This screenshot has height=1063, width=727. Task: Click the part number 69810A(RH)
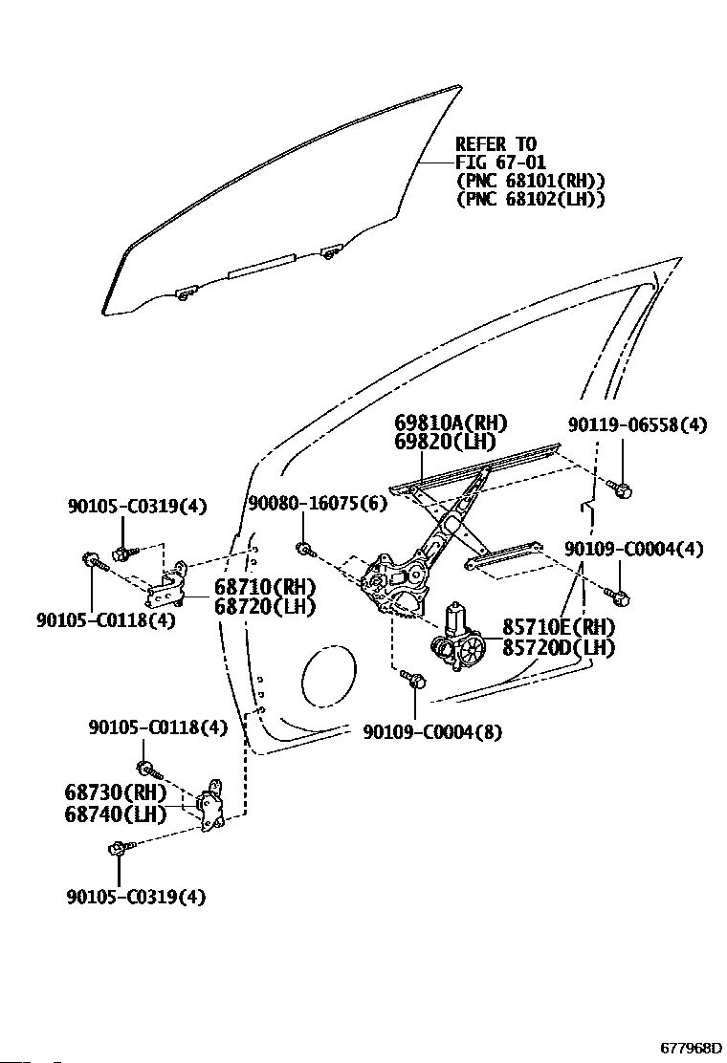click(451, 423)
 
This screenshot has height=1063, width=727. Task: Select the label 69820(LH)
click(445, 442)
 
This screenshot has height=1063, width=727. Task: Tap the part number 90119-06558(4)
click(637, 425)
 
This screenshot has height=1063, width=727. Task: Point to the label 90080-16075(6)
click(318, 504)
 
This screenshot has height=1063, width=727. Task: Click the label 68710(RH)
click(265, 587)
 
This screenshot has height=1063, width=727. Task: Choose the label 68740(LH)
click(116, 814)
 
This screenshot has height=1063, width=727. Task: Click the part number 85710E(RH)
click(558, 627)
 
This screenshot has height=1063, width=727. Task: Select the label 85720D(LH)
click(558, 647)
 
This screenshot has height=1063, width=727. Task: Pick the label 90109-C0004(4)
click(634, 549)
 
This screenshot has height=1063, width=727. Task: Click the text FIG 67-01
click(500, 163)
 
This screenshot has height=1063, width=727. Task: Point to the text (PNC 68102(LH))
click(530, 199)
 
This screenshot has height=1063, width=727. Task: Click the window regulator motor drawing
click(459, 640)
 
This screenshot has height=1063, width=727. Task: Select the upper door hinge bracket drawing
click(169, 584)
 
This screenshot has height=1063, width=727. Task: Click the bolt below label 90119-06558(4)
click(620, 488)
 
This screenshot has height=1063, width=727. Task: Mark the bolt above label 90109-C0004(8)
click(412, 679)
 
